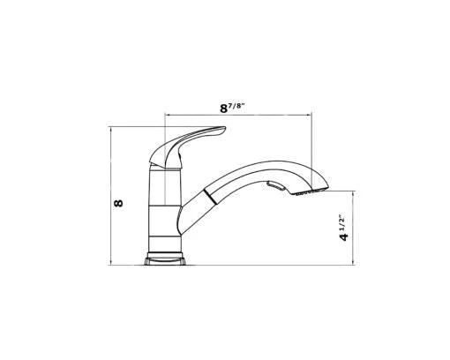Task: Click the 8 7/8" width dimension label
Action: point(232,108)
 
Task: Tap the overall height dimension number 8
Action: point(118,203)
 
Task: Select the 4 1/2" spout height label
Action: point(343,229)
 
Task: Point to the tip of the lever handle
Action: point(225,128)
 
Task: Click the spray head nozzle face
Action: point(310,191)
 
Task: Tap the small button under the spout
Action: point(276,186)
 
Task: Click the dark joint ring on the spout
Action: point(211,196)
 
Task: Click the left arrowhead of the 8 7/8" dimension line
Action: point(167,115)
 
